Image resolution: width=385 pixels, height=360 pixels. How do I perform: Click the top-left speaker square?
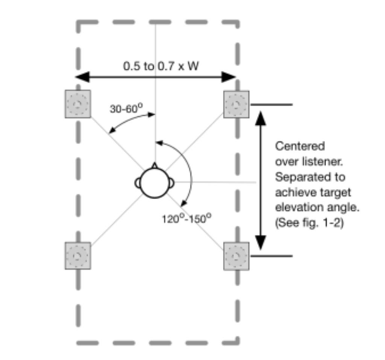click(x=78, y=104)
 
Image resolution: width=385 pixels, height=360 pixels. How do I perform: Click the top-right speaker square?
click(x=236, y=104)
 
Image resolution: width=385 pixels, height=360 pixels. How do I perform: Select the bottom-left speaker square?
click(x=78, y=256)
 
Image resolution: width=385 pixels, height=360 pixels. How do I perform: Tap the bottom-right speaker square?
click(x=236, y=256)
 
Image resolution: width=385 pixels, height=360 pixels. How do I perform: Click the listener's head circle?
click(x=155, y=183)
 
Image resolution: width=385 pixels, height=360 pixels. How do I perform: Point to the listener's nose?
click(x=155, y=165)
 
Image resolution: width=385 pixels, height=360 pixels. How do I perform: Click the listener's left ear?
click(x=138, y=183)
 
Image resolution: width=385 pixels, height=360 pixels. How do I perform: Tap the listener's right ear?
click(x=171, y=183)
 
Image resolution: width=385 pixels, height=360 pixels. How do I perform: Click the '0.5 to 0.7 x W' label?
click(x=161, y=66)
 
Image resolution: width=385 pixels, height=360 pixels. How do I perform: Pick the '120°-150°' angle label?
click(x=185, y=219)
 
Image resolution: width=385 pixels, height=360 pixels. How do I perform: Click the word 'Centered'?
click(x=294, y=146)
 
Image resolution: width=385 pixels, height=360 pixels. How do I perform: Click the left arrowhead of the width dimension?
click(x=82, y=77)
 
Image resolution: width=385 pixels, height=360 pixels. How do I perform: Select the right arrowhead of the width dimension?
click(x=229, y=77)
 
